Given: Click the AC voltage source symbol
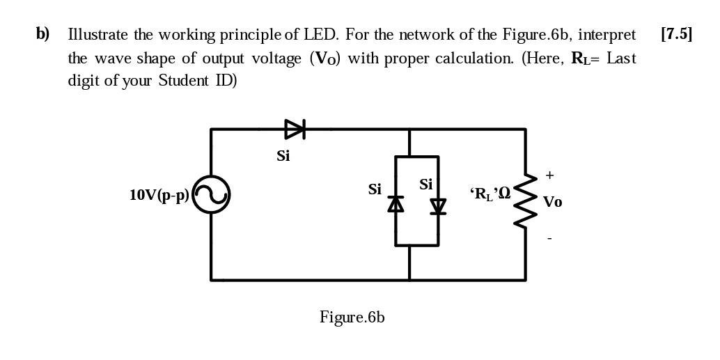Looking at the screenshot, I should click(x=211, y=194).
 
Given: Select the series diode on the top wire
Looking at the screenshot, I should click(x=295, y=129).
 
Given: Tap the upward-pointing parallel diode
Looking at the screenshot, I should click(x=396, y=203).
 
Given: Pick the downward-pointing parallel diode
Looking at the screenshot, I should click(x=438, y=206).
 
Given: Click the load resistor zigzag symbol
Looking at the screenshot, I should click(x=525, y=201).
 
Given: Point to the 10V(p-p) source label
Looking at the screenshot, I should click(x=159, y=195).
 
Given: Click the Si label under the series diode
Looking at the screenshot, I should click(x=283, y=156).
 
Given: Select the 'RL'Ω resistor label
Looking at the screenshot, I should click(x=490, y=194).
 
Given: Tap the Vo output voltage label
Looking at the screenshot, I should click(x=552, y=202).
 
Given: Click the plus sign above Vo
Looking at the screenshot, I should click(x=549, y=175).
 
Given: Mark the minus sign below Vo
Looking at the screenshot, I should click(x=549, y=238).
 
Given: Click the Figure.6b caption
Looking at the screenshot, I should click(x=352, y=318).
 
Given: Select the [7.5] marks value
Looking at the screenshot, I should click(x=676, y=34).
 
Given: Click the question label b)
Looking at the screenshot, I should click(x=42, y=34).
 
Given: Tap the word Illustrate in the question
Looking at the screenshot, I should click(x=97, y=35).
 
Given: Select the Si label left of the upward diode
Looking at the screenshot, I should click(x=375, y=189).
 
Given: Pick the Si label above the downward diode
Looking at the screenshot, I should click(x=425, y=185).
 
